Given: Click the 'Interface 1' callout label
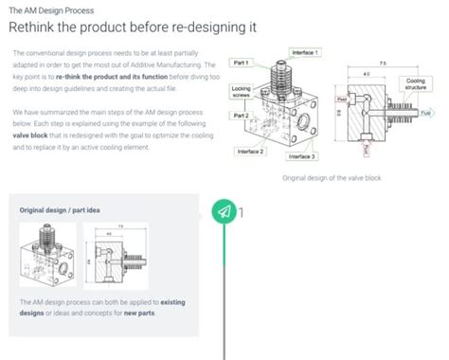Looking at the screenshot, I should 306,52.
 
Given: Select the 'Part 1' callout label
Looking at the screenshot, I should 242,63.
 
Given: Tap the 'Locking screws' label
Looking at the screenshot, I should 242,92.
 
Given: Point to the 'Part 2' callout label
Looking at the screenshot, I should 242,115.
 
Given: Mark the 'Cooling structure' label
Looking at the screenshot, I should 416,85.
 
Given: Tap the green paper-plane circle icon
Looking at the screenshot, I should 224,210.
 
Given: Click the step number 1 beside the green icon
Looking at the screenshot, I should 242,210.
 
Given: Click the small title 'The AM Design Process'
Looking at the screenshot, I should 46,8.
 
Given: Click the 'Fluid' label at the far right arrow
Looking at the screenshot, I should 440,113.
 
